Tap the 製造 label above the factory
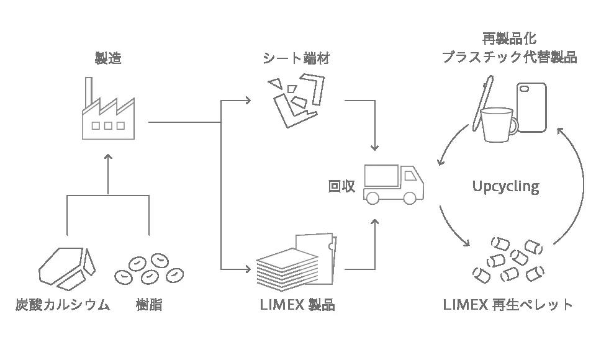(107, 59)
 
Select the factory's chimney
(89, 91)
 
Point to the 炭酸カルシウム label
(63, 305)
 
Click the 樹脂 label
(149, 305)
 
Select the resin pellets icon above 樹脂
(150, 268)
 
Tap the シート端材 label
(296, 59)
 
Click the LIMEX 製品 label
(296, 305)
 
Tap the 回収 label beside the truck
(341, 186)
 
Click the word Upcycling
(505, 186)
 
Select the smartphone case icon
(531, 107)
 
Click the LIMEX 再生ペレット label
(508, 305)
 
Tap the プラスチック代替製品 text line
(509, 57)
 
